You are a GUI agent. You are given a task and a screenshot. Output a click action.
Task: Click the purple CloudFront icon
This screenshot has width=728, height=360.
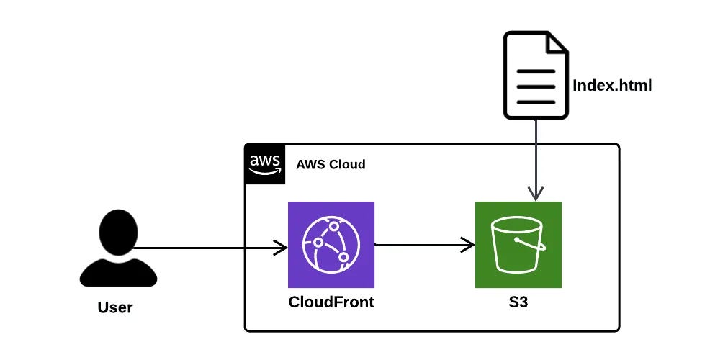pos(331,245)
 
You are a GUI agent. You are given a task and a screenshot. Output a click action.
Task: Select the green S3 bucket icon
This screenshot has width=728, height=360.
pos(518,245)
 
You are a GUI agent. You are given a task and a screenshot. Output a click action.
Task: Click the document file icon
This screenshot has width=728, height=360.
pos(536,75)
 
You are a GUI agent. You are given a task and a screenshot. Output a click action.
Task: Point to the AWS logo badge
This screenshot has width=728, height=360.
pos(264,163)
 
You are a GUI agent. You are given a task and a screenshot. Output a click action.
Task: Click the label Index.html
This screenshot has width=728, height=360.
pos(612,86)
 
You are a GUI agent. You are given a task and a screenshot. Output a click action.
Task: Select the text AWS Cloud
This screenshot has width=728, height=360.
pos(331,164)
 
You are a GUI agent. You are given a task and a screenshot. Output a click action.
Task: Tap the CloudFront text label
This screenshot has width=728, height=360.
pos(331,302)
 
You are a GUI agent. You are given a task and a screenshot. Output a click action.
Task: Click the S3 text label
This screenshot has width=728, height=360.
pos(518,302)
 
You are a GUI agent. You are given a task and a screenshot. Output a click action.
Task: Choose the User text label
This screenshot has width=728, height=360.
pos(115,307)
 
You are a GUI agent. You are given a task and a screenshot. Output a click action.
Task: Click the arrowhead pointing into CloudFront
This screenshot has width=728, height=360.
pos(280,248)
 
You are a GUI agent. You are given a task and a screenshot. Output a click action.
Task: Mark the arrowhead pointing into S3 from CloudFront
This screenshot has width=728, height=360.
pos(468,245)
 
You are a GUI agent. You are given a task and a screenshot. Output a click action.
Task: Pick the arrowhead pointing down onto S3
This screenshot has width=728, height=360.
pos(535,194)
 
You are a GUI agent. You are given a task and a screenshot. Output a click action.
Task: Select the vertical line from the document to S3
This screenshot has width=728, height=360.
pos(535,155)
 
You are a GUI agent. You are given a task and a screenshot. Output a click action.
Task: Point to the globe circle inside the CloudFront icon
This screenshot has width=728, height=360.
pos(327,245)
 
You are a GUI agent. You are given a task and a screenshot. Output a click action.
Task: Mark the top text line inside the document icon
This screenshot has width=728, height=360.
pos(536,72)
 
